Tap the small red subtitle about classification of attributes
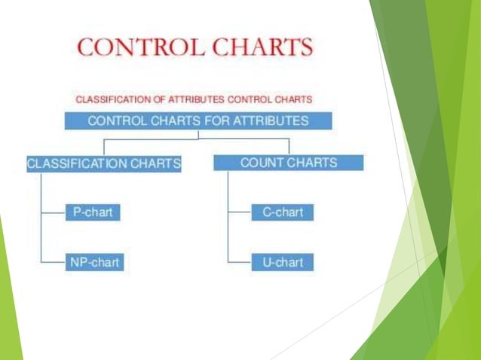194,99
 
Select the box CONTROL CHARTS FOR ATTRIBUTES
198,121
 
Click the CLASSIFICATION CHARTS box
104,163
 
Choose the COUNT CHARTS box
288,163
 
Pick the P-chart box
93,212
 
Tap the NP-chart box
93,262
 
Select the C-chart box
282,212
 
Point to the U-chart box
282,262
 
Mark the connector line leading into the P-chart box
53,213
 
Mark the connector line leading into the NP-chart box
53,263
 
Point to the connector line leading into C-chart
240,213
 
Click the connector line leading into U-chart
240,263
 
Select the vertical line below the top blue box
198,134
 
